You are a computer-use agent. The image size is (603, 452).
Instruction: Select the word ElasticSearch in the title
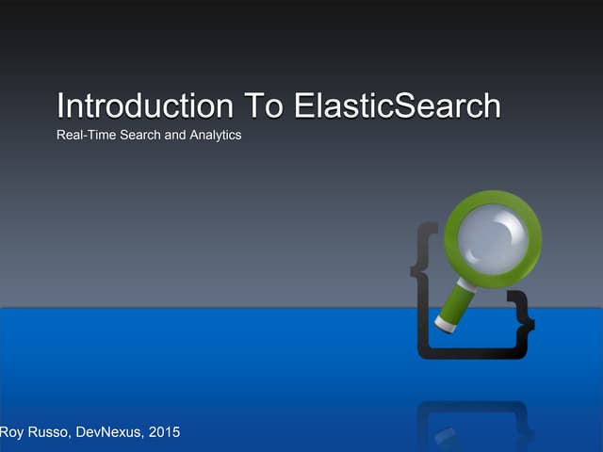[398, 105]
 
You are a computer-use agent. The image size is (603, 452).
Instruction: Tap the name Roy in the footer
[13, 432]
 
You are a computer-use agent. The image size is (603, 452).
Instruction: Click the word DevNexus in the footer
[114, 432]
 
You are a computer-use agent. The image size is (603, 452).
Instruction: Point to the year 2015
[164, 432]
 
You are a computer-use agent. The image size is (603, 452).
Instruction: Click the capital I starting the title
[60, 105]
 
